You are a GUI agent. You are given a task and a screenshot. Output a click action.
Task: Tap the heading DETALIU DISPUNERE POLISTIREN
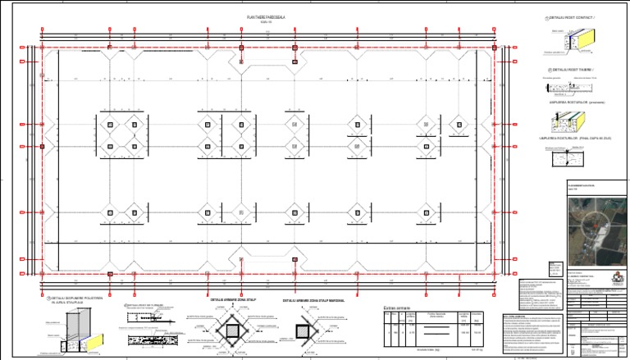coord(76,298)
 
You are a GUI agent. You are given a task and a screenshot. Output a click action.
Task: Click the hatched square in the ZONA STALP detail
coord(233,331)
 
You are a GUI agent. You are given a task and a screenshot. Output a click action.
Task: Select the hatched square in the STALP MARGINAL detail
coord(302,331)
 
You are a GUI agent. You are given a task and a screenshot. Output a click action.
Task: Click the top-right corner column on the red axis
coord(495,48)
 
